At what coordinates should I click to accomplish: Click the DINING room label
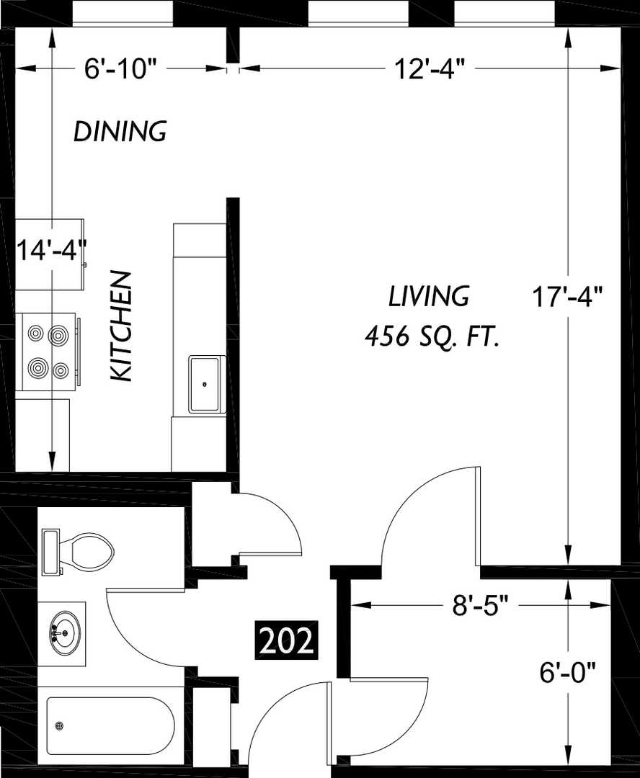tap(120, 132)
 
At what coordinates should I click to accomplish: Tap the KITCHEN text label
tap(121, 326)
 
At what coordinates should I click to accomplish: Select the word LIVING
tap(429, 296)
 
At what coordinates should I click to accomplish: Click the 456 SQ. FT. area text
tap(432, 337)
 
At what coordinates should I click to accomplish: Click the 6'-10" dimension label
tap(120, 69)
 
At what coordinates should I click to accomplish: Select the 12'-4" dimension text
tap(430, 69)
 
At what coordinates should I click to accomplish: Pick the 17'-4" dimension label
tap(567, 298)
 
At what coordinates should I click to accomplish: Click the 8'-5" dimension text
tap(481, 605)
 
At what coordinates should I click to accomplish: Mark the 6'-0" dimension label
tap(567, 674)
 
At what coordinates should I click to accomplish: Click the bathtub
tap(111, 725)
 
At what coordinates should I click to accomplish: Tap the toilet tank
tap(50, 553)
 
